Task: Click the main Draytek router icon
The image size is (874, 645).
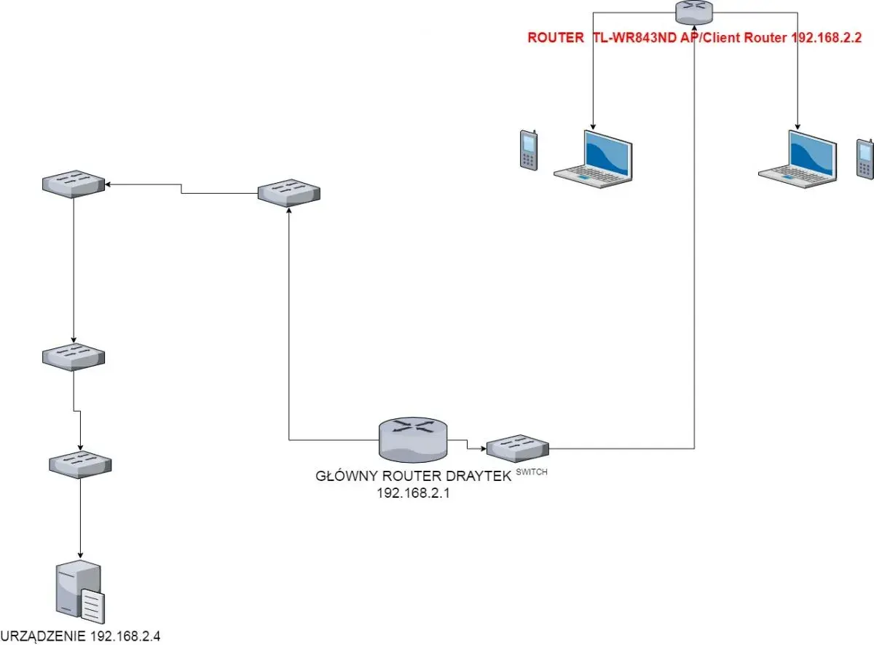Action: click(x=413, y=439)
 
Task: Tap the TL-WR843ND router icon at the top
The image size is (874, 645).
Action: click(x=694, y=12)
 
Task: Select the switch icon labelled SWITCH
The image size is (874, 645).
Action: click(x=518, y=449)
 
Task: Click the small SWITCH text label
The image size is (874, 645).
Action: click(x=532, y=472)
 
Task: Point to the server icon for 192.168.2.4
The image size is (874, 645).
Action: click(x=80, y=593)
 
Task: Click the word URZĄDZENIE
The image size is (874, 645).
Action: click(x=44, y=636)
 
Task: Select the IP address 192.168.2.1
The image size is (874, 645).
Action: click(x=413, y=493)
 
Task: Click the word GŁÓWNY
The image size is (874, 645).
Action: click(x=347, y=477)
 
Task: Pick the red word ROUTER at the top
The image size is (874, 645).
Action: click(x=556, y=37)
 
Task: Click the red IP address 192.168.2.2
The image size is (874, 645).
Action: click(x=826, y=37)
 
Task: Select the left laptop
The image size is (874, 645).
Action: click(x=593, y=159)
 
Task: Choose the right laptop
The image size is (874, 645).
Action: click(x=798, y=159)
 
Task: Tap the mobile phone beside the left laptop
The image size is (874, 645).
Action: click(x=529, y=150)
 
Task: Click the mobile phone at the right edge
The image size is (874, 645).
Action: click(x=865, y=159)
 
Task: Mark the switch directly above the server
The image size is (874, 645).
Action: click(x=80, y=465)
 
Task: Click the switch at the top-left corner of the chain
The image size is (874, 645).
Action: click(x=74, y=184)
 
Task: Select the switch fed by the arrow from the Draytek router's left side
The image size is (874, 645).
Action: click(x=289, y=193)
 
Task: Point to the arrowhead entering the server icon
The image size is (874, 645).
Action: click(x=80, y=555)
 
